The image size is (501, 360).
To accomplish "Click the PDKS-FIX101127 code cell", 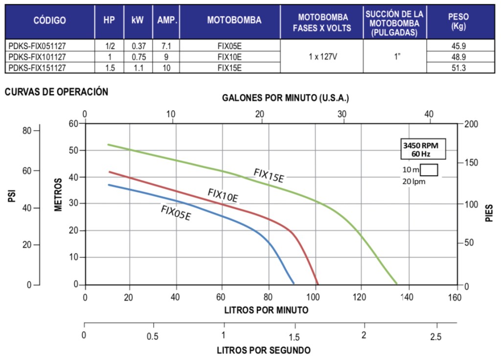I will click(37, 57).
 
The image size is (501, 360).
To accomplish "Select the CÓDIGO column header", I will click(49, 21).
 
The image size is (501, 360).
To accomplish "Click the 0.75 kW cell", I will click(139, 57).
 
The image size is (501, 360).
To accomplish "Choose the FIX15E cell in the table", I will click(229, 68).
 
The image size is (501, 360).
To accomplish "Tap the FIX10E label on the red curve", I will click(223, 195).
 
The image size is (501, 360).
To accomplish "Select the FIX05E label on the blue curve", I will click(176, 213).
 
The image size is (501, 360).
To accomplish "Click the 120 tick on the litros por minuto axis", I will click(361, 297).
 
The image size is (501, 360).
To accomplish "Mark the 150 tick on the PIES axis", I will click(470, 162).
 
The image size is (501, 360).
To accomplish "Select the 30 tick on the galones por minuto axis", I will click(342, 114).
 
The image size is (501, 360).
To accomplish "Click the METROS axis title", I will click(58, 195).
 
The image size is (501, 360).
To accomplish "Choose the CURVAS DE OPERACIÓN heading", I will click(56, 91).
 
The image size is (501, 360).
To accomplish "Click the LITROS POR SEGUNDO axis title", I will click(263, 350).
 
